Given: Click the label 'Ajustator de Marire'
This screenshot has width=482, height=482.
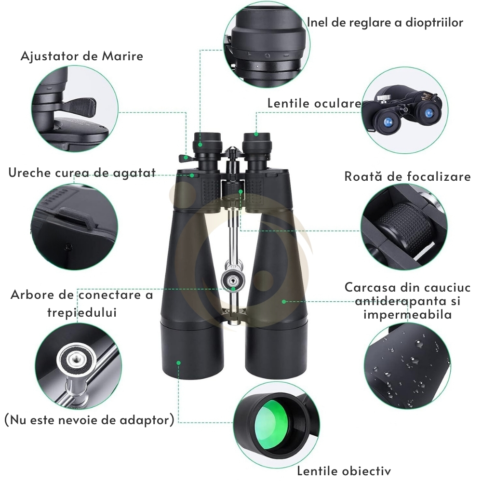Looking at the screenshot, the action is click(82, 56).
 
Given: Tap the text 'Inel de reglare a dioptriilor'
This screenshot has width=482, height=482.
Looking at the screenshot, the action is click(385, 23).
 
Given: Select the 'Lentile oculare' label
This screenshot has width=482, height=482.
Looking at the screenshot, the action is click(314, 103).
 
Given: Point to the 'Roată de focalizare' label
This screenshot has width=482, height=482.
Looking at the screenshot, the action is click(407, 176).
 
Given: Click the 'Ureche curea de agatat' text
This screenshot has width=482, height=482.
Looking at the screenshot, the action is click(82, 173).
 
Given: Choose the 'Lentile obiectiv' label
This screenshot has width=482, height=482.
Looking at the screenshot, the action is click(344, 470).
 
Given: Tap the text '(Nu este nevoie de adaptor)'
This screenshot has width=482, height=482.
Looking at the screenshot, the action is click(90, 420).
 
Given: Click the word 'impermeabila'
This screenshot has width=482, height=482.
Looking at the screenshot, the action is click(408, 314).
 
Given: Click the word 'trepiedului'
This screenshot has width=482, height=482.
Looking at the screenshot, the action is click(82, 312).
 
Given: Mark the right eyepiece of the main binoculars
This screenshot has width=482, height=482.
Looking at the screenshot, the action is click(256, 142).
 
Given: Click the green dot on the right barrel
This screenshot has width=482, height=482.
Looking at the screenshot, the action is click(284, 302).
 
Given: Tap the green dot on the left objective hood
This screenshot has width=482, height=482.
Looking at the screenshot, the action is click(178, 363).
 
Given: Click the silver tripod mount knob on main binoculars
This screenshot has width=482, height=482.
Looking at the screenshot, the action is click(233, 279).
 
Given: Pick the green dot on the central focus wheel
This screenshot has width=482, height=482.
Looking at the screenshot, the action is click(241, 191).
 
